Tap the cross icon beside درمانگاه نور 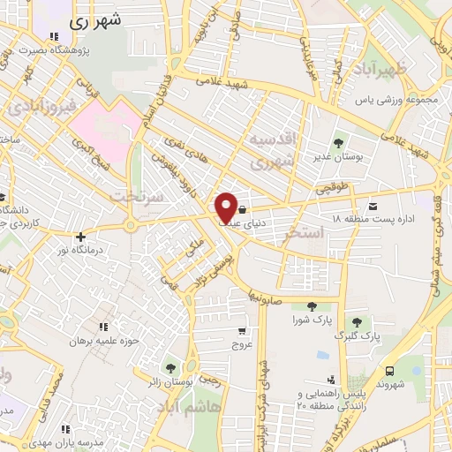click(x=80, y=237)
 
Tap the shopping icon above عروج click(x=242, y=331)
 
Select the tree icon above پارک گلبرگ click(x=358, y=322)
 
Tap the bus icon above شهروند click(x=389, y=371)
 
